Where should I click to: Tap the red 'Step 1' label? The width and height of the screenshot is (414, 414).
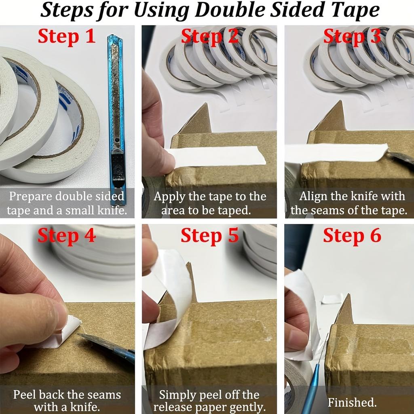[x=67, y=36]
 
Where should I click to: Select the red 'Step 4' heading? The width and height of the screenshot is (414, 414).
[x=67, y=236]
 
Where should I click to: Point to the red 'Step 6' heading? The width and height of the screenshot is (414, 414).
[x=352, y=236]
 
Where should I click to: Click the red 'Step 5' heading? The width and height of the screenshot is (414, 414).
[x=209, y=236]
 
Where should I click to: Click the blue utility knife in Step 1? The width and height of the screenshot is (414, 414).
[x=116, y=117]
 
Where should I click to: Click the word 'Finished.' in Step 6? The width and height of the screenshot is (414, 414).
[x=352, y=402]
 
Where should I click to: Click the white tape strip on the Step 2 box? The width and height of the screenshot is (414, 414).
[x=218, y=156]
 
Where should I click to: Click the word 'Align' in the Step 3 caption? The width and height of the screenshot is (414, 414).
[x=312, y=197]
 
